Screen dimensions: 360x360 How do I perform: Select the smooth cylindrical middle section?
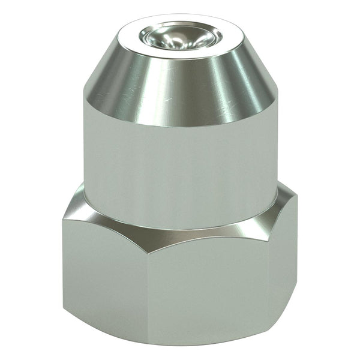click(180, 162)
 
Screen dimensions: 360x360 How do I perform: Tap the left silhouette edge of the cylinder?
click(84, 156)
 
